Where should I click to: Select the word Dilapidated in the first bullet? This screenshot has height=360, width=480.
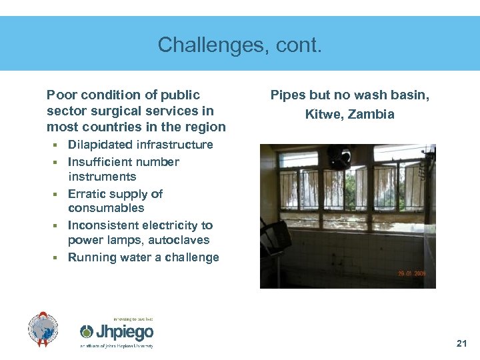click(x=100, y=145)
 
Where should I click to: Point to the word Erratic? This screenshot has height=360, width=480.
click(x=88, y=194)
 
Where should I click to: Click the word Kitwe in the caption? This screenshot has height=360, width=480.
click(x=321, y=114)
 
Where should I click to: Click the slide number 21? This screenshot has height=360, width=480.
click(x=461, y=344)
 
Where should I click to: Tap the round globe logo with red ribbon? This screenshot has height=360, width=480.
click(x=43, y=329)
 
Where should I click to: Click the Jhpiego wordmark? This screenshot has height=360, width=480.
click(x=125, y=332)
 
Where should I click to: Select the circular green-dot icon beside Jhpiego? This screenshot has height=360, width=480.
click(x=87, y=332)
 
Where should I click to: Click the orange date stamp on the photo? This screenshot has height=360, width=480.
click(x=413, y=274)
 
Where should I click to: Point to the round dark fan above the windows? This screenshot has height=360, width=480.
click(x=339, y=158)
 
